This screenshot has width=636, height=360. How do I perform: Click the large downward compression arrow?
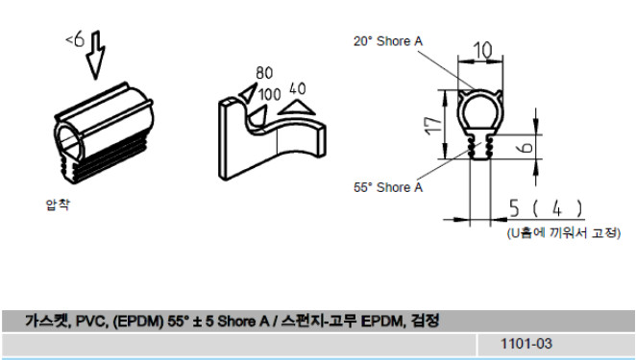tap(95, 56)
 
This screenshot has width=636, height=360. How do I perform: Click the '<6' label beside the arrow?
tap(75, 39)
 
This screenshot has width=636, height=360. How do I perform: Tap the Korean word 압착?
tap(58, 204)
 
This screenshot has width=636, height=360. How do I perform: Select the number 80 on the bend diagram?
tap(264, 73)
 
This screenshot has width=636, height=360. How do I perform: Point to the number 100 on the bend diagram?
tap(270, 94)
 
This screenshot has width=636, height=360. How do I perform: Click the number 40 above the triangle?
tap(297, 88)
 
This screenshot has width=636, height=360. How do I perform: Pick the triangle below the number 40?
tap(297, 108)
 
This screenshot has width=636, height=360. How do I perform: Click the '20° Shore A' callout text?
tap(388, 41)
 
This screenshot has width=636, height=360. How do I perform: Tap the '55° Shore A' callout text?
tap(388, 187)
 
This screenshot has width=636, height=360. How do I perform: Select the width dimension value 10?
tap(482, 50)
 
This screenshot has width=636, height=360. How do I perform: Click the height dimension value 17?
tap(433, 126)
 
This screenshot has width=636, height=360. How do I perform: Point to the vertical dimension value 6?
tap(526, 146)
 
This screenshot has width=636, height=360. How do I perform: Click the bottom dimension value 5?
tap(514, 208)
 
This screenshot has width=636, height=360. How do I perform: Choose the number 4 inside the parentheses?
tap(557, 208)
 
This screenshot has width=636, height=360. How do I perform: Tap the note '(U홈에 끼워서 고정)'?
tap(563, 232)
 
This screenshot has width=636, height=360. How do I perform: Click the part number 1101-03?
tap(526, 344)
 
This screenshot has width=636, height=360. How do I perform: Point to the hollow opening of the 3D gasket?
tap(69, 142)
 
